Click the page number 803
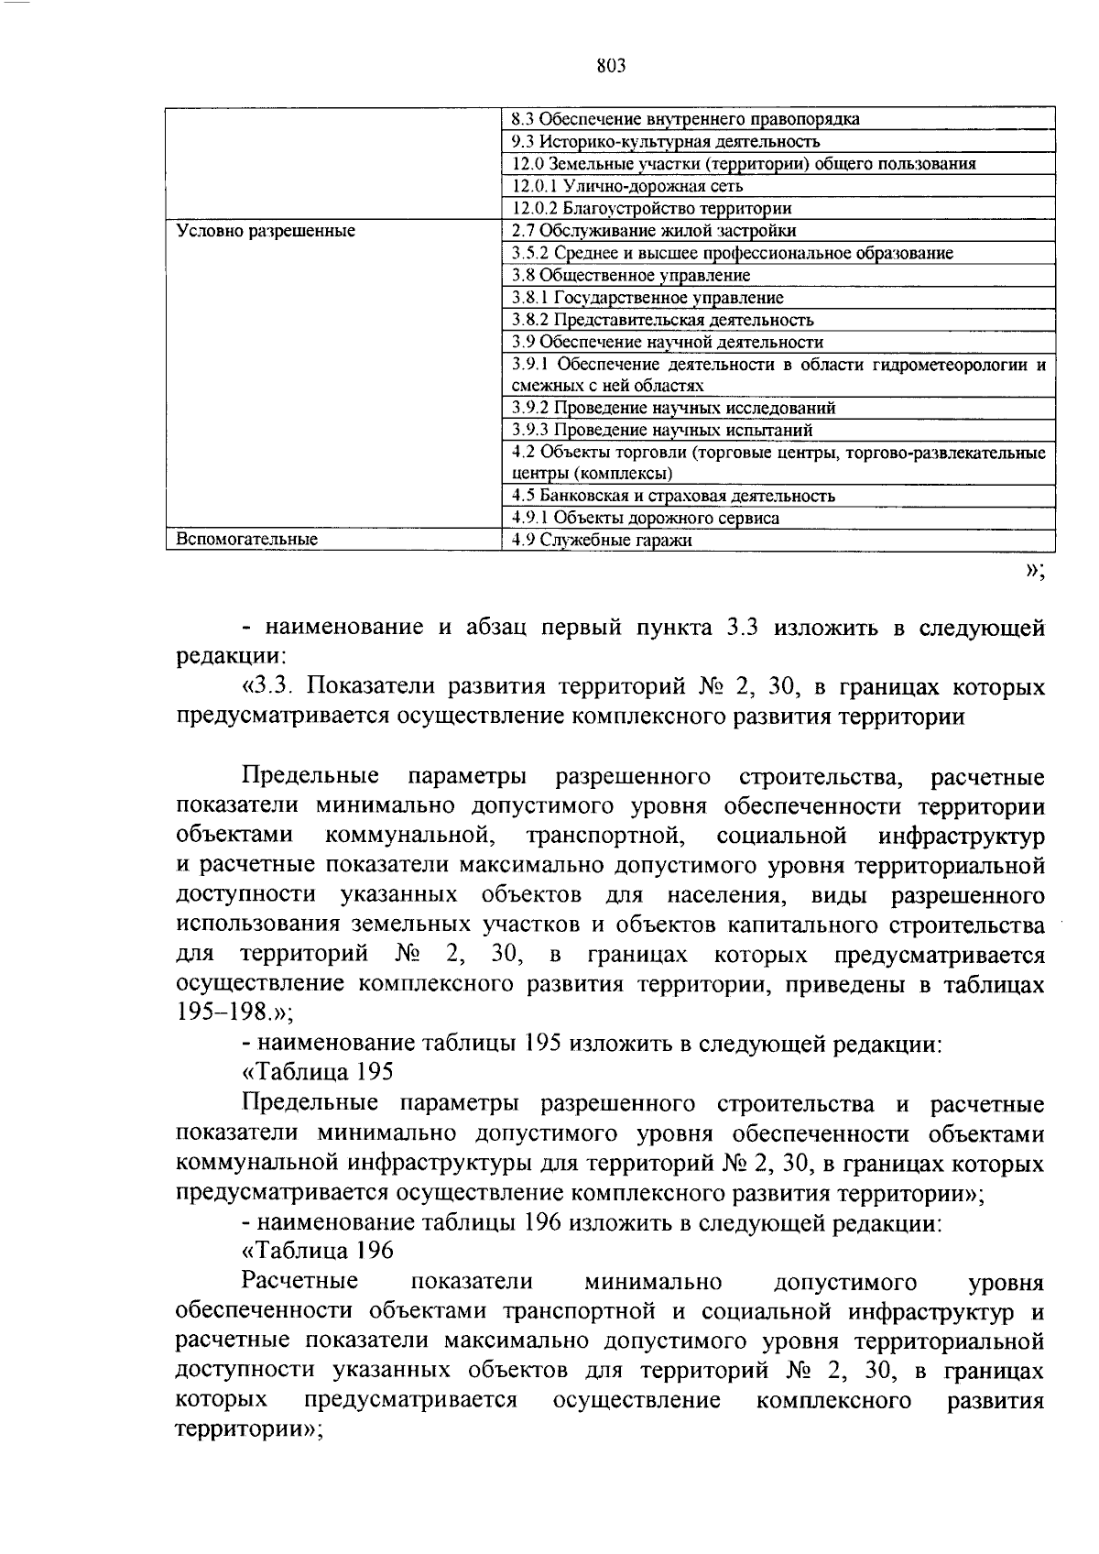pyautogui.click(x=610, y=65)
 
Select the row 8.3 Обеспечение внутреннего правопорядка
pyautogui.click(x=685, y=119)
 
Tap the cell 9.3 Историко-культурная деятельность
pyautogui.click(x=666, y=141)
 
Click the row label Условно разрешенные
pyautogui.click(x=266, y=231)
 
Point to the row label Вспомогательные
pyautogui.click(x=247, y=540)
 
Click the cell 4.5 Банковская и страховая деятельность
pyautogui.click(x=673, y=496)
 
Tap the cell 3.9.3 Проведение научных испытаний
pyautogui.click(x=662, y=430)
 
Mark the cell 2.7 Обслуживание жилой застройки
pyautogui.click(x=654, y=231)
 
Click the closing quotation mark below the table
pyautogui.click(x=1035, y=571)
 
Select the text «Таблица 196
pyautogui.click(x=317, y=1252)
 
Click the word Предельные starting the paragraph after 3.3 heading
pyautogui.click(x=310, y=777)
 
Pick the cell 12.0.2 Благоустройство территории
pyautogui.click(x=651, y=208)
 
